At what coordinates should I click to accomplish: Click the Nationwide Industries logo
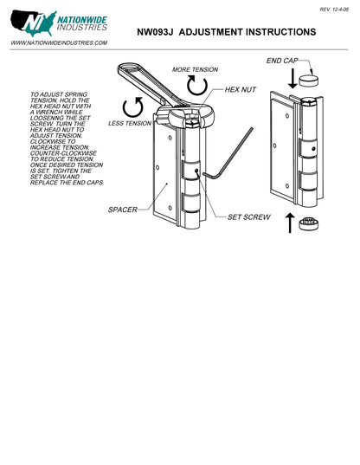click(x=59, y=23)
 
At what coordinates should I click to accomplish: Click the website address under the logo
click(x=59, y=43)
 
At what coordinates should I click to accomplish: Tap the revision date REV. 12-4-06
click(x=334, y=10)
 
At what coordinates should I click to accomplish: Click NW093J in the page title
click(x=155, y=32)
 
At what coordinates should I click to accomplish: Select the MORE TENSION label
click(x=196, y=69)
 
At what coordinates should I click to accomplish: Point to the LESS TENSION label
click(x=130, y=123)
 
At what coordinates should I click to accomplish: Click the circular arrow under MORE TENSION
click(x=197, y=85)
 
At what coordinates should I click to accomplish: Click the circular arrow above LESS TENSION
click(x=133, y=107)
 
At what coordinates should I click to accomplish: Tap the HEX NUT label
click(x=241, y=89)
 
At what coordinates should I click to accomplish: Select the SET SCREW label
click(x=249, y=217)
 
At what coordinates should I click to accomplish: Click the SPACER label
click(x=123, y=210)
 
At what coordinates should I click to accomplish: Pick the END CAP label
click(x=282, y=61)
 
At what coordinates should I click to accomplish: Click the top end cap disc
click(x=309, y=81)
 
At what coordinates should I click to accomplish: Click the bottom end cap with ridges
click(x=309, y=223)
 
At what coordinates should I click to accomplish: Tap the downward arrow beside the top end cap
click(x=292, y=79)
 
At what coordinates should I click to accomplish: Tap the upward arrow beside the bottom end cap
click(x=290, y=223)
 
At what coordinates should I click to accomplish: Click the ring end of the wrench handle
click(x=130, y=68)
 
